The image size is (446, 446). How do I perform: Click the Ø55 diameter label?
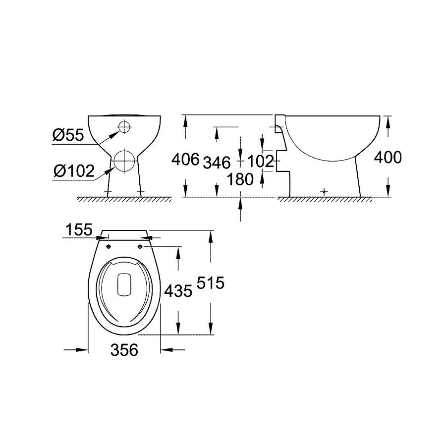tap(68, 135)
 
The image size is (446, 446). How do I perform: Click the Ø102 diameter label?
tap(74, 171)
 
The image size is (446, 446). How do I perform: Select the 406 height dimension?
tap(185, 160)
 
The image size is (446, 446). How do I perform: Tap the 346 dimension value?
tap(217, 162)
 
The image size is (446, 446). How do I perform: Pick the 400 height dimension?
tap(387, 158)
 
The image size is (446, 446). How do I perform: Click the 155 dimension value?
tap(79, 230)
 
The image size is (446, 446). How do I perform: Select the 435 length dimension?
tap(178, 291)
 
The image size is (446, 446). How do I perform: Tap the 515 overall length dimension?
tap(211, 283)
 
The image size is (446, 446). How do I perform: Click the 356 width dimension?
tap(123, 350)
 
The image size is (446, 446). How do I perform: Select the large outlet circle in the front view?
tap(124, 159)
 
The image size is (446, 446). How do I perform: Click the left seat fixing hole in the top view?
tap(108, 246)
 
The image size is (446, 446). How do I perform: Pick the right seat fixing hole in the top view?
tap(140, 246)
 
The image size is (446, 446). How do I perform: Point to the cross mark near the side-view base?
tap(324, 191)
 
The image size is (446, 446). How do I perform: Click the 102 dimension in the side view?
tap(261, 161)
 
